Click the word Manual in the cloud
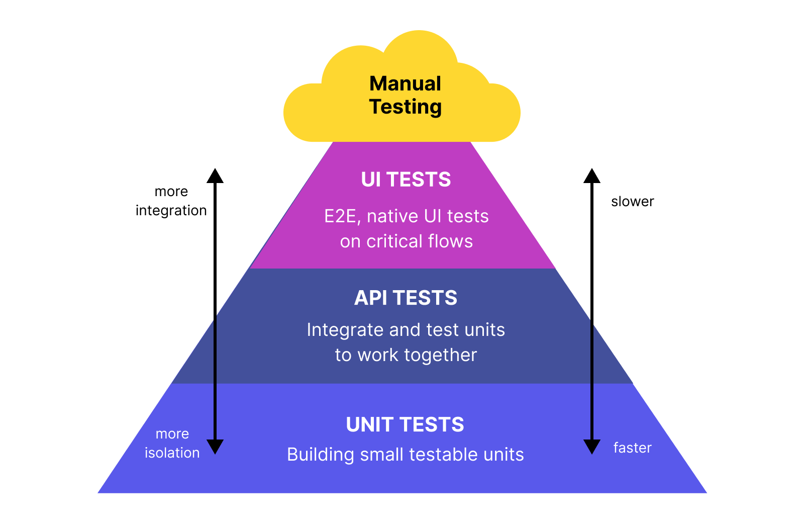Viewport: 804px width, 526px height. point(405,83)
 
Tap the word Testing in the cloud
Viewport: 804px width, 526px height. point(405,107)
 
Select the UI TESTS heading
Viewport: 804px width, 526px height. point(406,180)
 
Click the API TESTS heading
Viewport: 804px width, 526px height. point(406,298)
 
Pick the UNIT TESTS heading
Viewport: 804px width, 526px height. point(405,425)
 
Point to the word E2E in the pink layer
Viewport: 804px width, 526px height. point(341,216)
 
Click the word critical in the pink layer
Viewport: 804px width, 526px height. point(394,241)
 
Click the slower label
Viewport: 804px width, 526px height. point(632,202)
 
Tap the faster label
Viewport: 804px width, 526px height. point(632,448)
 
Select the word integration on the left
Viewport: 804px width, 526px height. point(171,210)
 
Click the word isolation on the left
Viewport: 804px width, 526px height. point(172,453)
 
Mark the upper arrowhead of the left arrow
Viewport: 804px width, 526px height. point(215,176)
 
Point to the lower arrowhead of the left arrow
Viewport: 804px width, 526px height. point(215,447)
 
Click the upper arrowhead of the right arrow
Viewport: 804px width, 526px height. point(592,176)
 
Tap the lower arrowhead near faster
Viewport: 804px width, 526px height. point(592,447)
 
